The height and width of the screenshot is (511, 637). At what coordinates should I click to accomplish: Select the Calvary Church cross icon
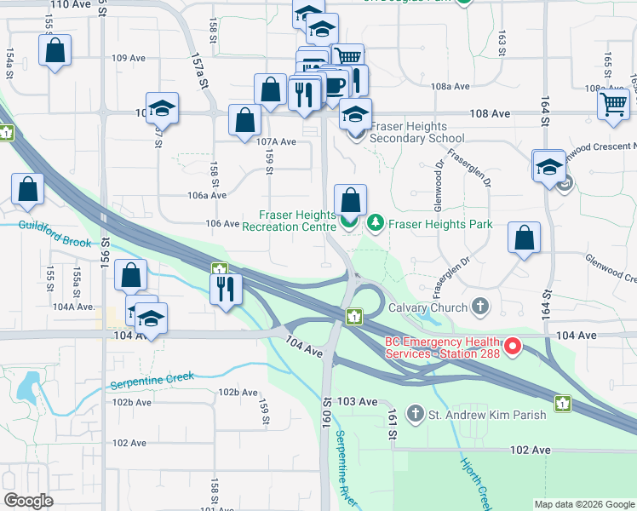tap(480, 307)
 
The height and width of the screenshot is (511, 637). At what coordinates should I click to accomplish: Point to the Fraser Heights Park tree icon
tap(376, 224)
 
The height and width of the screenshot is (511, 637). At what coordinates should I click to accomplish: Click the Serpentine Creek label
tap(152, 380)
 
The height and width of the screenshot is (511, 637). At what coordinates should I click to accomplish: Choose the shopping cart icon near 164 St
tap(613, 104)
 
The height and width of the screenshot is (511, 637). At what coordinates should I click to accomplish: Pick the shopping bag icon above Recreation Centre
tap(350, 201)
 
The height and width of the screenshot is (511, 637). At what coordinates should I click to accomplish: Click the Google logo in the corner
tap(28, 501)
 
